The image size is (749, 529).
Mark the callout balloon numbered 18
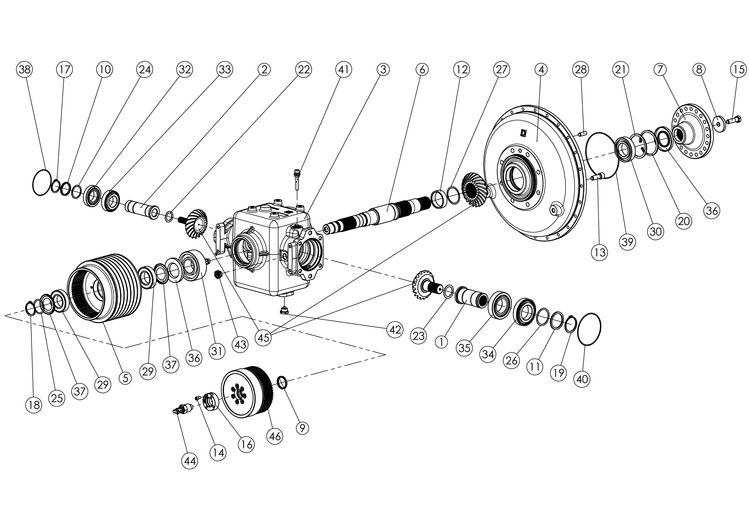pos(34,405)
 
